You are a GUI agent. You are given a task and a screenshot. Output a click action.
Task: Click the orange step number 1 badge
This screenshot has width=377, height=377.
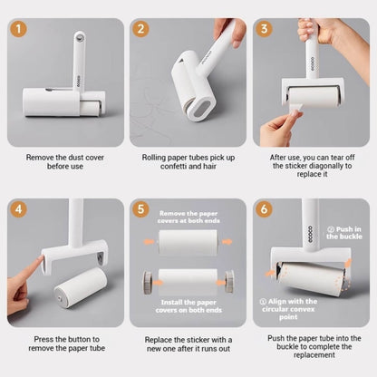click(18, 29)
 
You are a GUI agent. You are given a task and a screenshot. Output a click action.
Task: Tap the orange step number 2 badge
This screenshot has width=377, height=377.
click(140, 29)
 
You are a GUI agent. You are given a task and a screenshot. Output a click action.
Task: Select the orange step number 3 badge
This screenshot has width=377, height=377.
click(264, 29)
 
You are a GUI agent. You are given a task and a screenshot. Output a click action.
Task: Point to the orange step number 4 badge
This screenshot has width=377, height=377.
click(18, 209)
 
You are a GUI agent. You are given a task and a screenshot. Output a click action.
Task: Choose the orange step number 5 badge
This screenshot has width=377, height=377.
click(140, 209)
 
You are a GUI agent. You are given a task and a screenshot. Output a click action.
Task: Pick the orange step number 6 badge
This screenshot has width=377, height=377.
click(264, 209)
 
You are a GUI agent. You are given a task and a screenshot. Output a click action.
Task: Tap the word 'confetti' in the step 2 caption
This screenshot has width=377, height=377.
click(174, 166)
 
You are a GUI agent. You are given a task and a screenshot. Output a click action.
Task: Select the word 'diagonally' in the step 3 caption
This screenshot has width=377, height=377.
click(327, 166)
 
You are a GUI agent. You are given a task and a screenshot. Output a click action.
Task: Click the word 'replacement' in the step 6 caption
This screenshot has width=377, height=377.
click(314, 355)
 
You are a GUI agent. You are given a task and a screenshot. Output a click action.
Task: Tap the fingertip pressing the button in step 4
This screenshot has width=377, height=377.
click(40, 258)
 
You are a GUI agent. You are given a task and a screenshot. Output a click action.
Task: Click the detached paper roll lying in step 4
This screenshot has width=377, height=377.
click(81, 287)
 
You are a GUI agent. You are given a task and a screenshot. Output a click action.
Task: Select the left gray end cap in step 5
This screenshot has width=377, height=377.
click(148, 282)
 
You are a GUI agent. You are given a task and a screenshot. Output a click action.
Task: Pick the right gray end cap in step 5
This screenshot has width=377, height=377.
click(229, 282)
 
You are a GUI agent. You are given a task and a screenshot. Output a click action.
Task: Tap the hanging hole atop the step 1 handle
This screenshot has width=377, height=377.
click(80, 38)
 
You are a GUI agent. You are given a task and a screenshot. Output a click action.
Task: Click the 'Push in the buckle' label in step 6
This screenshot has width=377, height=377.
click(344, 233)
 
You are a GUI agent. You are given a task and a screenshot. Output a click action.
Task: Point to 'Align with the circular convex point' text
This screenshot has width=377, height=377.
click(288, 309)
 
